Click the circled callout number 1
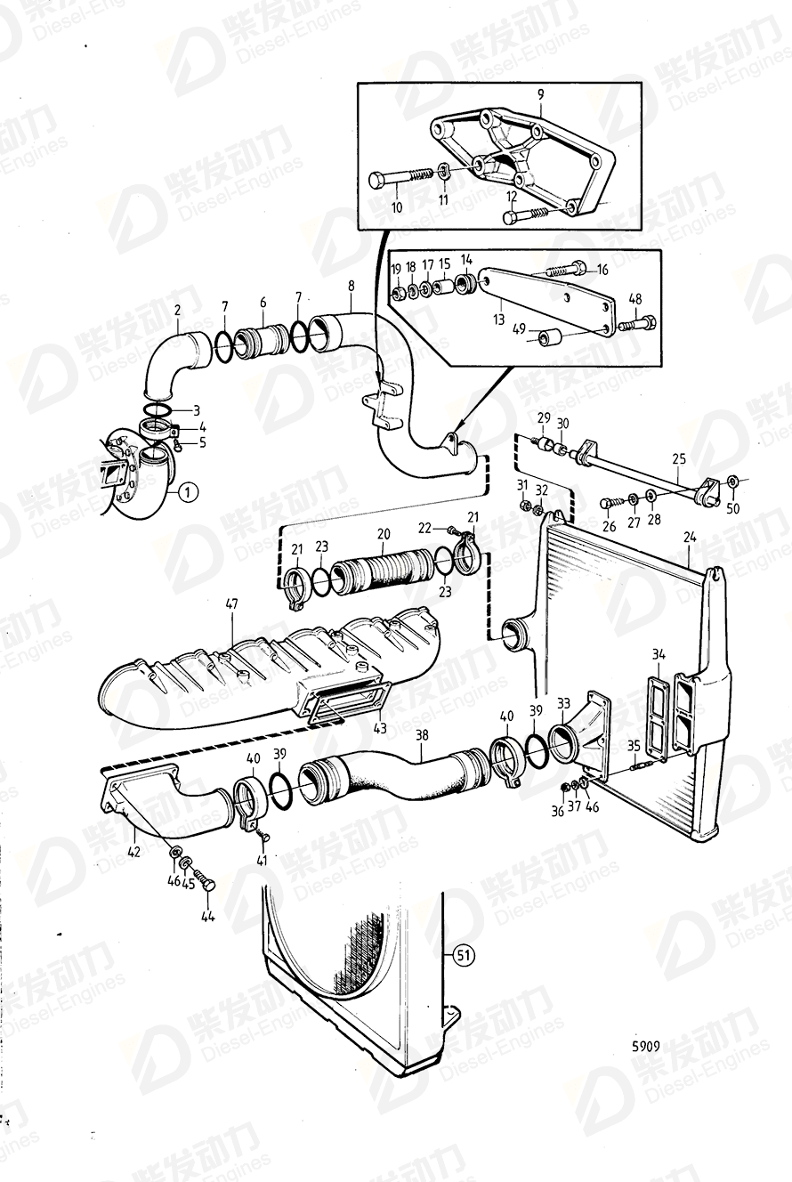coord(187,490)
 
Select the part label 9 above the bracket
coord(540,93)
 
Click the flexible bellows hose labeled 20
coord(383,576)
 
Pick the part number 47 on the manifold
coord(231,603)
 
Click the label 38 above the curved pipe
coord(422,735)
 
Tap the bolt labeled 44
coord(209,885)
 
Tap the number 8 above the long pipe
coord(352,286)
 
